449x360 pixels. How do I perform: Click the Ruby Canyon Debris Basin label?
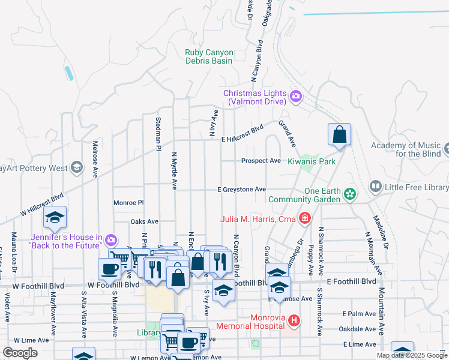209,57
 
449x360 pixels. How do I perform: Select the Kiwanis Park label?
311,161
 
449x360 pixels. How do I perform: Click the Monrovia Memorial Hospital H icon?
294,321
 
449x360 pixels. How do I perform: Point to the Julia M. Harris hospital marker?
306,218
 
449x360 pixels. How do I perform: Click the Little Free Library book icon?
376,187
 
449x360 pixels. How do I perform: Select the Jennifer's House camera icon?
110,241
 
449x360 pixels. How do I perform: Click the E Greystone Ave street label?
241,190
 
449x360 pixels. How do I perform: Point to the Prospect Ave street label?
261,161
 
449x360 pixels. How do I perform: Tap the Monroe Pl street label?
128,203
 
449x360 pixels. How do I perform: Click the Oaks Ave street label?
144,221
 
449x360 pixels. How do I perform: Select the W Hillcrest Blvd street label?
41,204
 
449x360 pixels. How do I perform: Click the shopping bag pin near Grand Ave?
339,136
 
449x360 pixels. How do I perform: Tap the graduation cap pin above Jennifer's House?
55,218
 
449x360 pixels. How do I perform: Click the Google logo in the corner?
20,353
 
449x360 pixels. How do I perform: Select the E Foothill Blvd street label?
352,281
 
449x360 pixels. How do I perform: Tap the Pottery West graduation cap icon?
76,167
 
